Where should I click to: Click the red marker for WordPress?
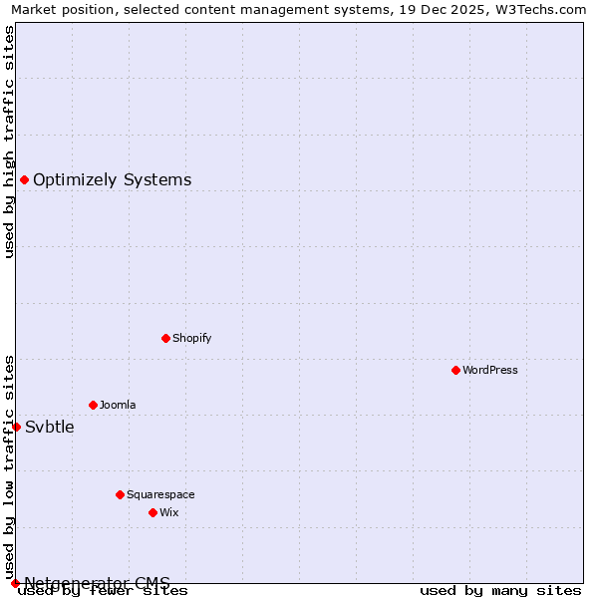455,370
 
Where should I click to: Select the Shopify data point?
165,338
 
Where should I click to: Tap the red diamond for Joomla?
93,405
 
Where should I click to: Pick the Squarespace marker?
120,494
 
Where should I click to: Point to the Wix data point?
152,512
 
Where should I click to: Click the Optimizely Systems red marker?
24,179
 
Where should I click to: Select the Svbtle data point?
16,427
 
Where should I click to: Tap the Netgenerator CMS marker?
15,583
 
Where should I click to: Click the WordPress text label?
490,370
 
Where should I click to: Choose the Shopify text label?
192,338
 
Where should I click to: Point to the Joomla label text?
118,405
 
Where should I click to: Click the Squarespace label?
160,494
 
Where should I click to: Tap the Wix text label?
169,512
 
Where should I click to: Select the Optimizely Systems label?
113,179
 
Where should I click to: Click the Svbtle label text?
50,427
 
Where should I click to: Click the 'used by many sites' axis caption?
500,590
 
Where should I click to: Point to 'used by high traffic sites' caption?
9,142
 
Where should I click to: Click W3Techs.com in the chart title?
543,9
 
